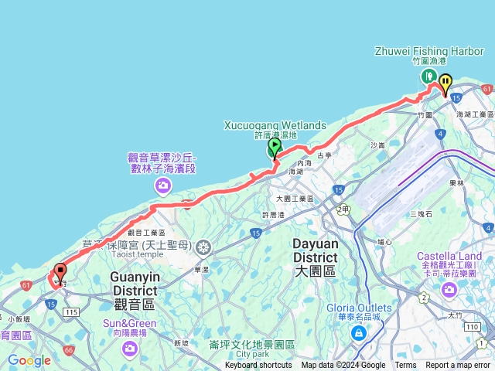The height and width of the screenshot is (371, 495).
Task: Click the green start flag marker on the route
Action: pyautogui.click(x=275, y=146)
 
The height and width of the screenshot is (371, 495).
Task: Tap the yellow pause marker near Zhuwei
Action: pyautogui.click(x=445, y=82)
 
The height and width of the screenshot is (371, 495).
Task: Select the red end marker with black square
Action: pyautogui.click(x=60, y=273)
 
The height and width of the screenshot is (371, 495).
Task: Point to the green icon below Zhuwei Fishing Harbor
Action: pyautogui.click(x=428, y=76)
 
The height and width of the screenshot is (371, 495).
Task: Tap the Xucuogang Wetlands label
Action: pyautogui.click(x=275, y=124)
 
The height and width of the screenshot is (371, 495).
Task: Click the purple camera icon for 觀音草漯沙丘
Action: pyautogui.click(x=163, y=184)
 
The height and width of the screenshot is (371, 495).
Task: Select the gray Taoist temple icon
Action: pyautogui.click(x=203, y=248)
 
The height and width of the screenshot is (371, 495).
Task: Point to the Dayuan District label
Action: pyautogui.click(x=315, y=250)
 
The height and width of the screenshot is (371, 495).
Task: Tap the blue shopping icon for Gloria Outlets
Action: pyautogui.click(x=358, y=332)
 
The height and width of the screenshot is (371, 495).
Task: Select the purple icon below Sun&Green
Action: pyautogui.click(x=128, y=349)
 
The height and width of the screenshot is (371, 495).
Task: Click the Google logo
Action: pyautogui.click(x=29, y=360)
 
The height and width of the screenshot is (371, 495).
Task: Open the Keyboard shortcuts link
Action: pyautogui.click(x=258, y=366)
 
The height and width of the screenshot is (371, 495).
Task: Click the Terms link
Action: pyautogui.click(x=405, y=366)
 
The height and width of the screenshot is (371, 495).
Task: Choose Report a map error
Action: pyautogui.click(x=458, y=366)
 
